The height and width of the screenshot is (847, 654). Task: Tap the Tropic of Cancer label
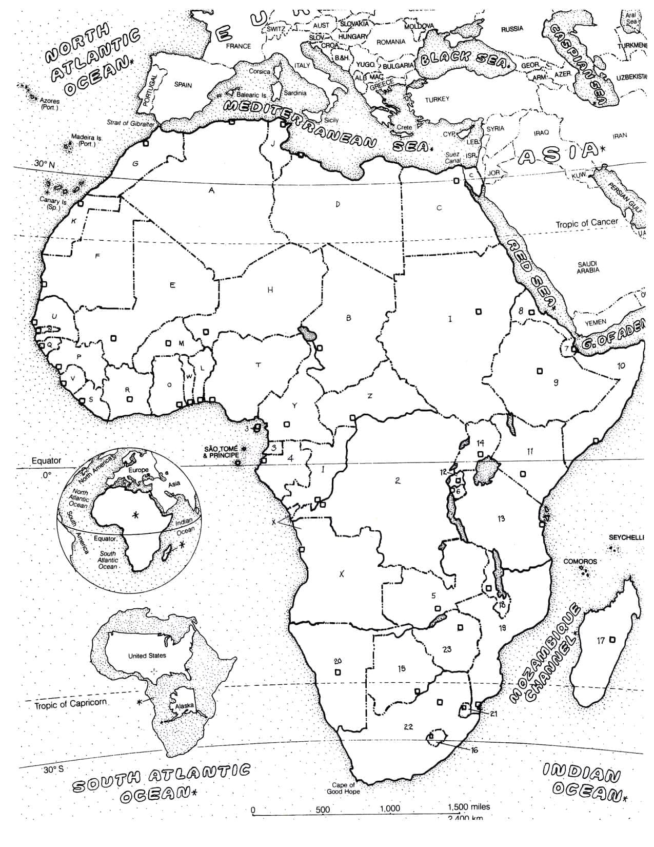point(587,224)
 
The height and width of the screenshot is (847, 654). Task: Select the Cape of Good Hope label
point(343,788)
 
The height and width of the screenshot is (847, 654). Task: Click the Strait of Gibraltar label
point(131,123)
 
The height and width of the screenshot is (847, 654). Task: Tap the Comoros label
point(580,561)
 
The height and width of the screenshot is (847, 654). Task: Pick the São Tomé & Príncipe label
point(221,452)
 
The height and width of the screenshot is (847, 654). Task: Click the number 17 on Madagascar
point(601,640)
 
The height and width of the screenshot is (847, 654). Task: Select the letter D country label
point(338,204)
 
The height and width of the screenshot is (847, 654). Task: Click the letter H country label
point(270,290)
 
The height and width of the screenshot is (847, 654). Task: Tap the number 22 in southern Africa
point(408,726)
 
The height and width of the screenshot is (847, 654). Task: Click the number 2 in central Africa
point(398,480)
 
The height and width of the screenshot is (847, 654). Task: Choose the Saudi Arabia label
point(588,267)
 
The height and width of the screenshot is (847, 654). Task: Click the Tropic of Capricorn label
point(71,704)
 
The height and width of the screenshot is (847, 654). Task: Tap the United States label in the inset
point(147,656)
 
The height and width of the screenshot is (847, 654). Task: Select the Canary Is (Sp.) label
point(53,204)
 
